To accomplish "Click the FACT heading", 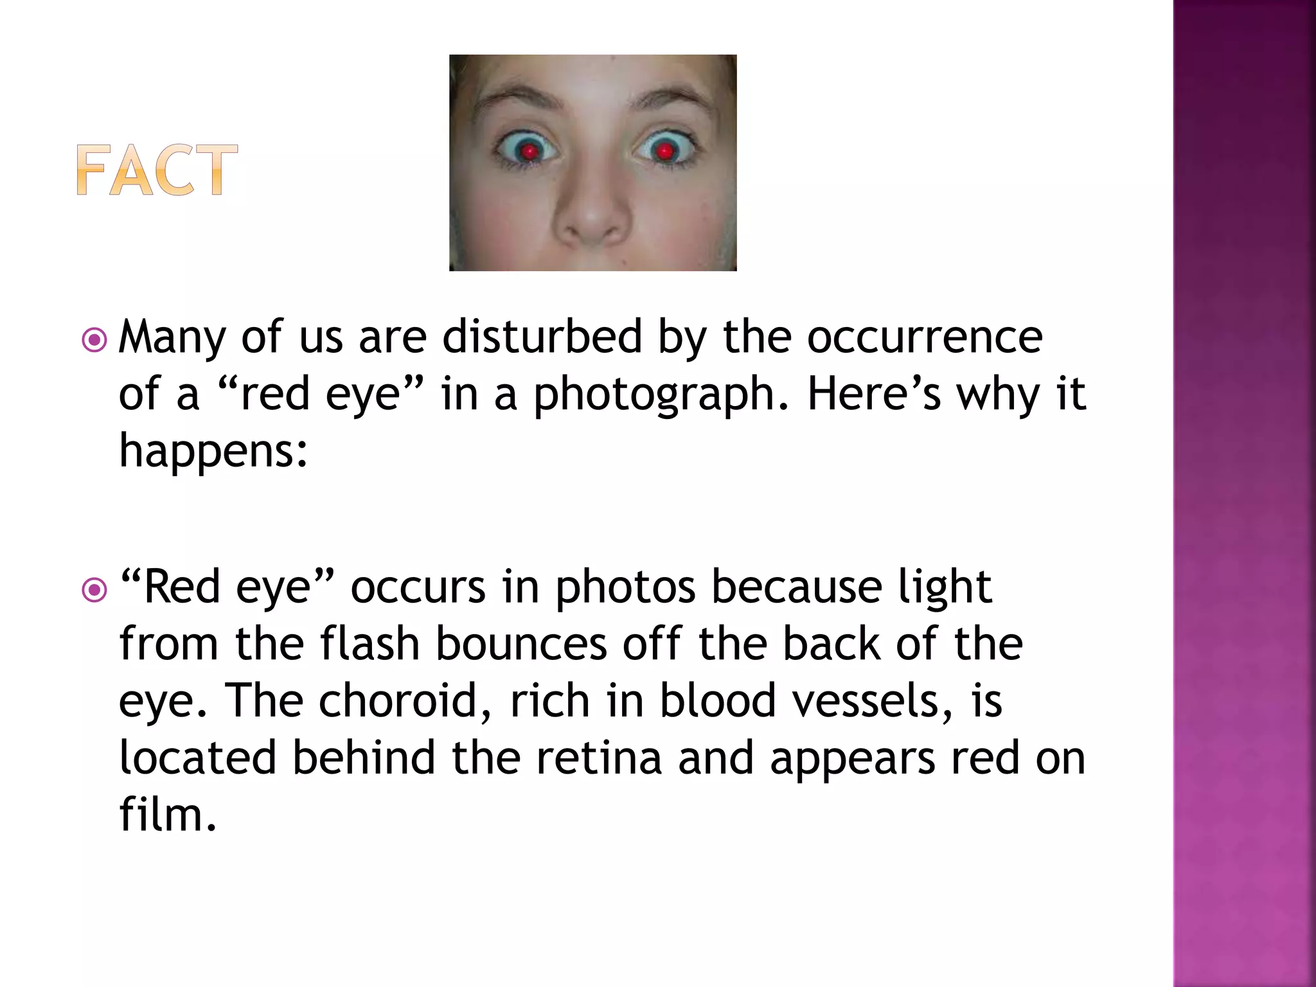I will tap(157, 170).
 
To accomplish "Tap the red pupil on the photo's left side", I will tap(529, 152).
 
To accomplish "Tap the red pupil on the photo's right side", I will tap(664, 152).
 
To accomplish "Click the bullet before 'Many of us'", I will tap(94, 340).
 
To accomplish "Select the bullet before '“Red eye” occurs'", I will tap(94, 590).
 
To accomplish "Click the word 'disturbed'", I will tap(542, 337).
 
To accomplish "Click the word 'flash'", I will tap(369, 644).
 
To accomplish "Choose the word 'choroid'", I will tap(405, 700).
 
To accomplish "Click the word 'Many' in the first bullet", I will tap(172, 338).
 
